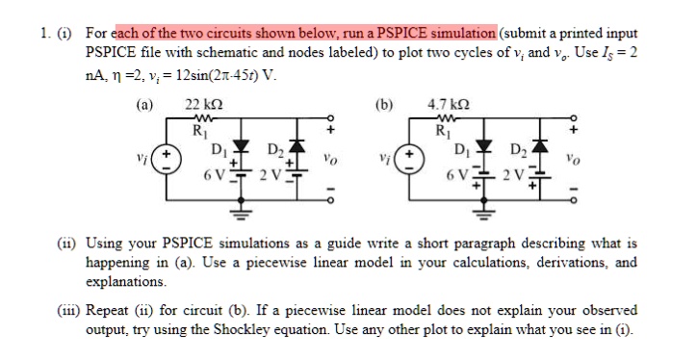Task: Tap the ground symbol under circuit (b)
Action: (479, 211)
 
